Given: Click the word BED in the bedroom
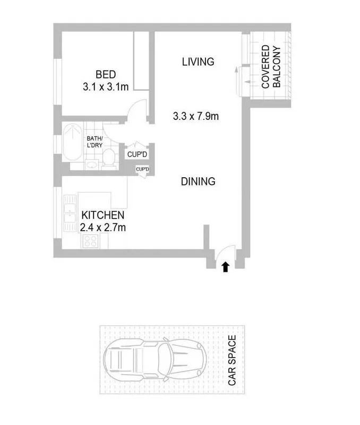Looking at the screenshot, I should click(105, 75).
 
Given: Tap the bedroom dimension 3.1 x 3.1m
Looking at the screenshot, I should click(105, 86).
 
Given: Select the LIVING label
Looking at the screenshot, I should click(198, 62).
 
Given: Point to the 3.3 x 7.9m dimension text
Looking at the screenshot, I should click(196, 116).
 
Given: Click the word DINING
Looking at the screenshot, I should click(198, 181).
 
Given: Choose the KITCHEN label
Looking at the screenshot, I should click(102, 215).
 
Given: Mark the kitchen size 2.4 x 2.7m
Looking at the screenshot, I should click(102, 228).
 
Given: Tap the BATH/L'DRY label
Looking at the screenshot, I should click(95, 142).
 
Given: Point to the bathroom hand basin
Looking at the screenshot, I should click(91, 163).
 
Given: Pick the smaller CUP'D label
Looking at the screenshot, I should click(142, 169).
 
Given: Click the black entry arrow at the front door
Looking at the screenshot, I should click(225, 267).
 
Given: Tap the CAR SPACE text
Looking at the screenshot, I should click(232, 360).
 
